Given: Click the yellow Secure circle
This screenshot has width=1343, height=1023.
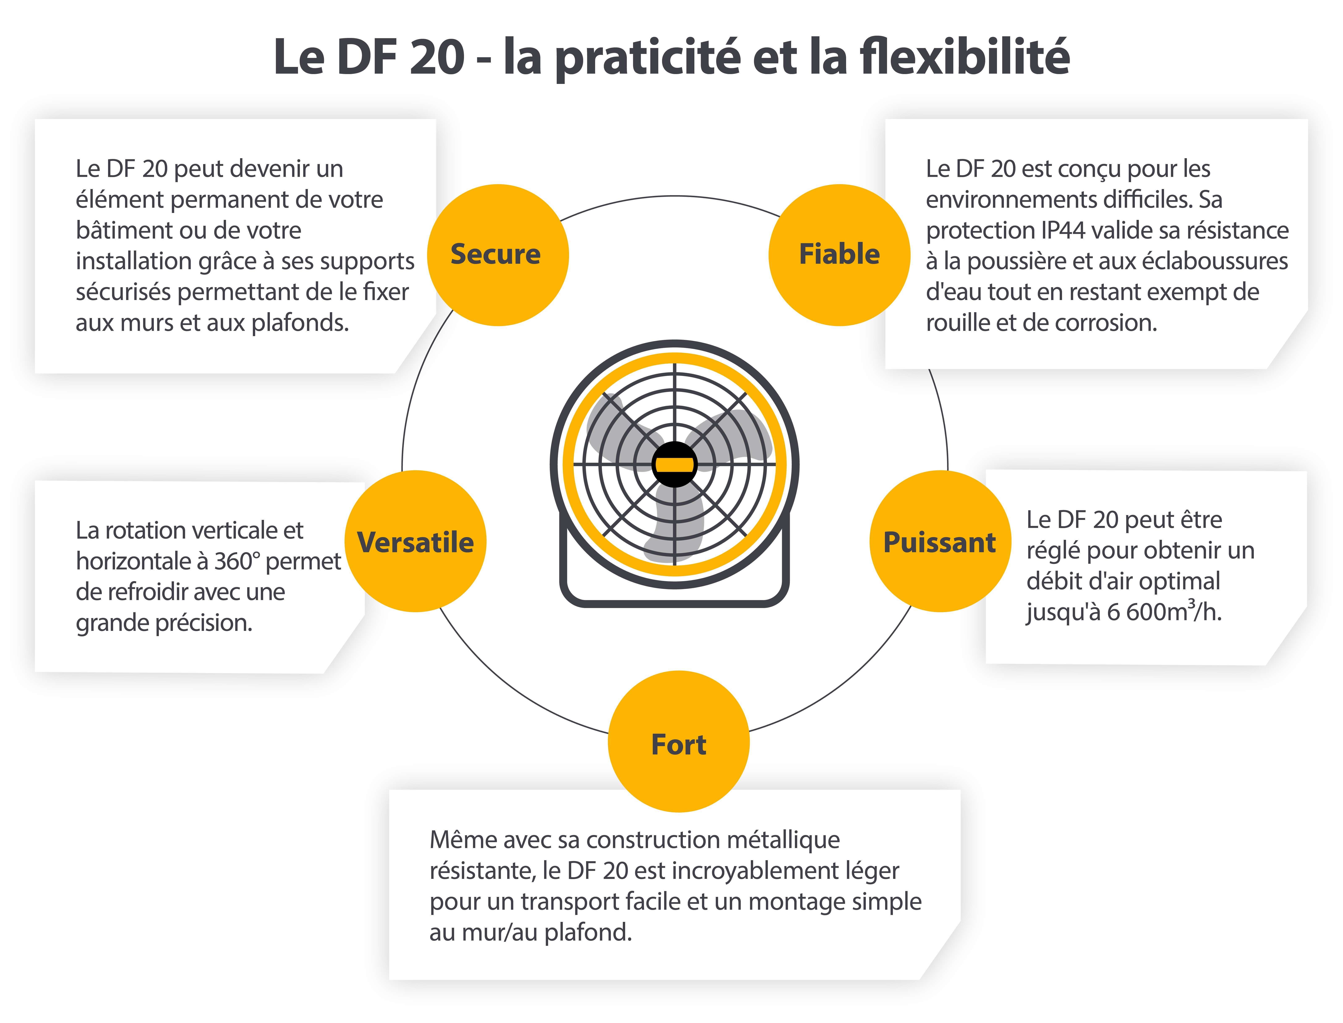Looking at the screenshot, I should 498,254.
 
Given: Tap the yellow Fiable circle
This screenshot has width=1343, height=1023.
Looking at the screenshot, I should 839,254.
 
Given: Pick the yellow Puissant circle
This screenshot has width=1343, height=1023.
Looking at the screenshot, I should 940,541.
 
